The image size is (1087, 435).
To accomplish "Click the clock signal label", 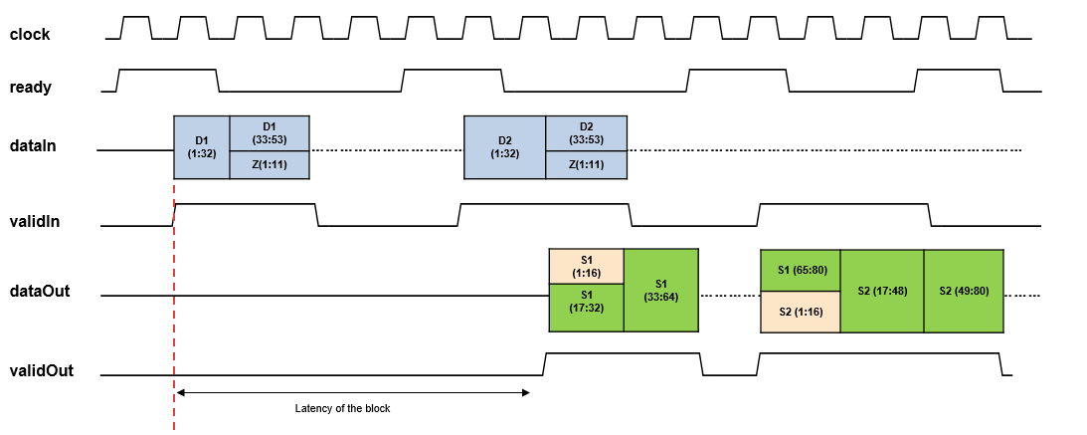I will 30,35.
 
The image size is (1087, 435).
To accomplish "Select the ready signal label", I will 30,88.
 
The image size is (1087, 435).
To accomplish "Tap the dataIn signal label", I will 32,146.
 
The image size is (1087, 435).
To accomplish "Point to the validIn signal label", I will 35,222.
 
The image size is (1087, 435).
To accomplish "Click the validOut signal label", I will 41,371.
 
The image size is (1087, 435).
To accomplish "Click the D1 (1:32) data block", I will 202,147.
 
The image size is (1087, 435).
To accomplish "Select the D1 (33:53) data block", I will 269,133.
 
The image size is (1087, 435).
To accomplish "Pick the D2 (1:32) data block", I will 504,147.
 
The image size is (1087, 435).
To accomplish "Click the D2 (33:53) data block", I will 586,133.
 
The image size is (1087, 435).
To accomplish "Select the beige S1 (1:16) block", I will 586,266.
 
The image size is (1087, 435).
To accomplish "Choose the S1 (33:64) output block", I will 661,290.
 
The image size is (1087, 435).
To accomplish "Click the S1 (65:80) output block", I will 801,270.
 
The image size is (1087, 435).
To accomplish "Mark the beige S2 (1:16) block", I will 801,312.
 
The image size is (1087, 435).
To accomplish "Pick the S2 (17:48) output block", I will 882,290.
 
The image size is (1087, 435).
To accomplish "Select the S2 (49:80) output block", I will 964,290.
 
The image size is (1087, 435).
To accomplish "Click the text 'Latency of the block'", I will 343,408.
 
